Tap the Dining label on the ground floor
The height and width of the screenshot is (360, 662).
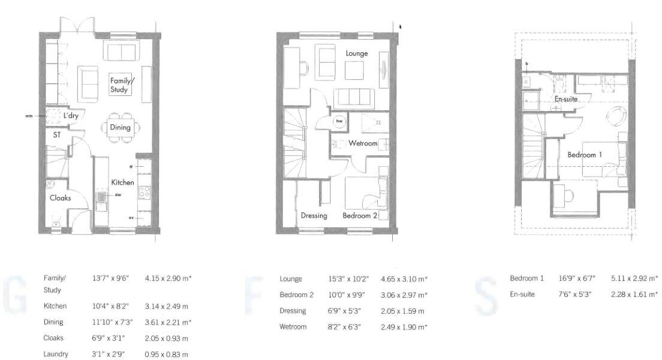click(120, 127)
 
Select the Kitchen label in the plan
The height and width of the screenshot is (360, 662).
click(122, 182)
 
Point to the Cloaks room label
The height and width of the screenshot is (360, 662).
click(60, 197)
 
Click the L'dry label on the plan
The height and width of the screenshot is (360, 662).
click(71, 115)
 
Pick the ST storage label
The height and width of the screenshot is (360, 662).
click(57, 135)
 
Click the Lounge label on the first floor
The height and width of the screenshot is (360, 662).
click(357, 53)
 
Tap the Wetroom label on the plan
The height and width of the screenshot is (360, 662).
click(363, 143)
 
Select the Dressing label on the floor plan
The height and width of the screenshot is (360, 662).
click(314, 215)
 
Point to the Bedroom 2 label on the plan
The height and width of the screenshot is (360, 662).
click(360, 215)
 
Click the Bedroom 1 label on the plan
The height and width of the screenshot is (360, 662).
click(585, 155)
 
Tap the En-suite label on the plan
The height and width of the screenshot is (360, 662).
click(566, 99)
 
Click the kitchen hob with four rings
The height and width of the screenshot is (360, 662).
click(144, 191)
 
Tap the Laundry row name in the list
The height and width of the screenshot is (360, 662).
click(55, 354)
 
